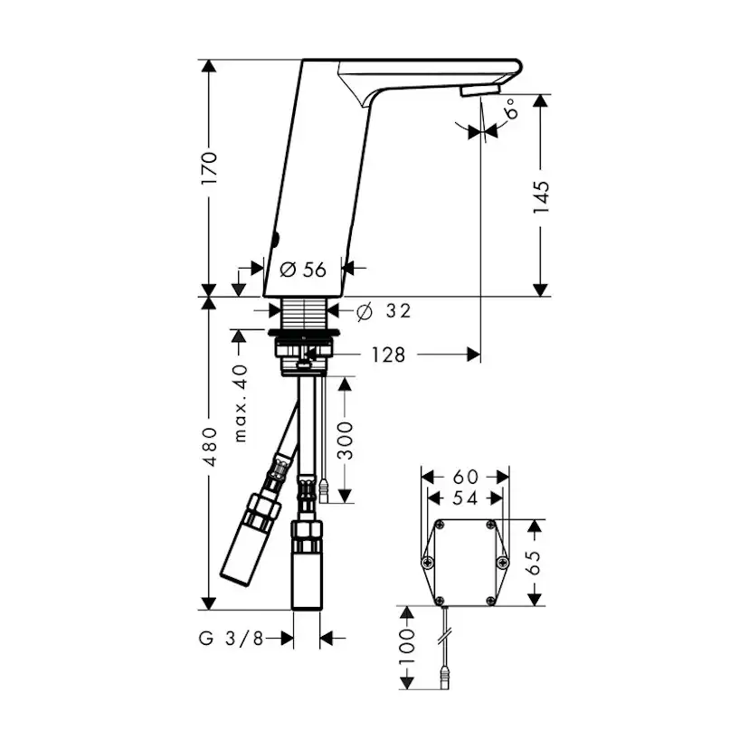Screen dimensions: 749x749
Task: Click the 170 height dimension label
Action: pyautogui.click(x=209, y=168)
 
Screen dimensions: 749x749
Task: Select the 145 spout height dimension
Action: pyautogui.click(x=541, y=197)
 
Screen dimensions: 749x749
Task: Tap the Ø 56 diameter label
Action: pyautogui.click(x=303, y=270)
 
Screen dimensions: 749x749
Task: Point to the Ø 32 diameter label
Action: pyautogui.click(x=384, y=311)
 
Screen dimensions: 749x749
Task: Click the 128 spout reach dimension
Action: pyautogui.click(x=388, y=355)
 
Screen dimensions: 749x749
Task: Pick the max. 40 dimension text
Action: pyautogui.click(x=242, y=403)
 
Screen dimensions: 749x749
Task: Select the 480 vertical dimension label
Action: pyautogui.click(x=209, y=447)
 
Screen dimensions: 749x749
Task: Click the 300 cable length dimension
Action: pyautogui.click(x=345, y=441)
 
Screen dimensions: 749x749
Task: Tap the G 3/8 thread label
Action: pyautogui.click(x=232, y=638)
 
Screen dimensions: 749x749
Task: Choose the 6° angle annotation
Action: pyautogui.click(x=510, y=109)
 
